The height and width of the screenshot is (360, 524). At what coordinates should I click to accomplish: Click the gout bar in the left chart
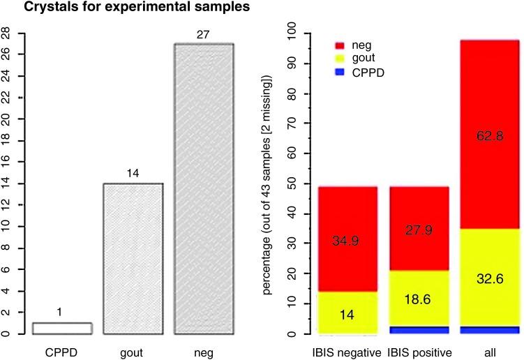[133, 259]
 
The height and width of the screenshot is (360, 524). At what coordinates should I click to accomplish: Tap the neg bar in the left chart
[204, 189]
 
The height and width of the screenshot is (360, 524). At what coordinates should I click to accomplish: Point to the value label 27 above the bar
[204, 35]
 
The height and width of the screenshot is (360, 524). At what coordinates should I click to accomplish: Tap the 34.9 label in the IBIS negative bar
[347, 240]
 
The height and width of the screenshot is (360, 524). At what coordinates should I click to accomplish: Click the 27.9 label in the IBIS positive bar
[418, 230]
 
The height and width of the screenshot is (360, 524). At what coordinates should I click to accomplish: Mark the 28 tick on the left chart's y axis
[6, 33]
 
